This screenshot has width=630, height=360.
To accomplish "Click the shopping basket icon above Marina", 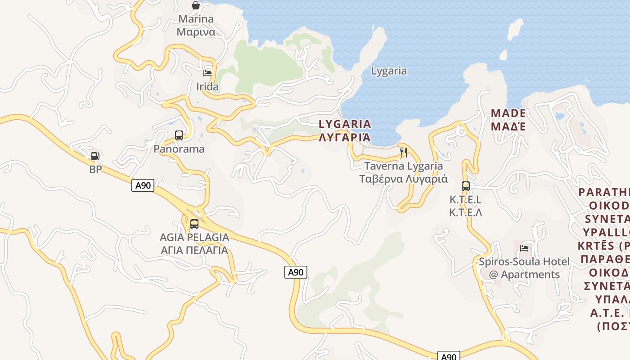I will (196, 5).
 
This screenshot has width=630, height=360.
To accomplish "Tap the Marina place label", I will (196, 25).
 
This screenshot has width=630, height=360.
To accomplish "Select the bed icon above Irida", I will (207, 73).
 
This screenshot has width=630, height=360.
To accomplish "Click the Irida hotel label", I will (207, 86).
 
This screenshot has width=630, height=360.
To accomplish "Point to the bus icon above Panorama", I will (179, 135).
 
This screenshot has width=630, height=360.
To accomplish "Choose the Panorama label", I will (179, 149).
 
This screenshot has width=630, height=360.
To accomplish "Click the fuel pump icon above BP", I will (95, 156).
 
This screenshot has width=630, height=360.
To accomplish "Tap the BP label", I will (95, 170).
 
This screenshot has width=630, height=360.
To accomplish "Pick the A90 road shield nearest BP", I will (143, 185).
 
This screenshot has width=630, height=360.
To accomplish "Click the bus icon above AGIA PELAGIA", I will (194, 224).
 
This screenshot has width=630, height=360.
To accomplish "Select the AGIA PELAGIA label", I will (194, 243).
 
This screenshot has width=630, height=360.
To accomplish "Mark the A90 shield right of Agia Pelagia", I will (296, 272).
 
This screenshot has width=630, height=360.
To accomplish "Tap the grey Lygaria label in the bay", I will (389, 71).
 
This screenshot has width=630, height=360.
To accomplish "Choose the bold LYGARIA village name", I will (345, 130).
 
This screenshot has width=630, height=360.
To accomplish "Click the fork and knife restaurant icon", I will (404, 152).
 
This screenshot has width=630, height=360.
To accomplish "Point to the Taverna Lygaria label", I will (404, 172).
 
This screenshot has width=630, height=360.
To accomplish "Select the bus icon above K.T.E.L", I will (466, 186).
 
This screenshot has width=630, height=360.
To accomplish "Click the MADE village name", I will (508, 119).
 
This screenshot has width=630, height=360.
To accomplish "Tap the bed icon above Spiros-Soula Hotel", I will (524, 247).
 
